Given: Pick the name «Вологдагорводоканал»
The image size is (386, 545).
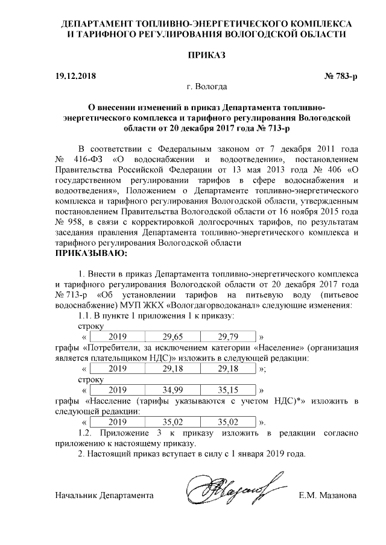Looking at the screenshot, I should pyautogui.click(x=197, y=305).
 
